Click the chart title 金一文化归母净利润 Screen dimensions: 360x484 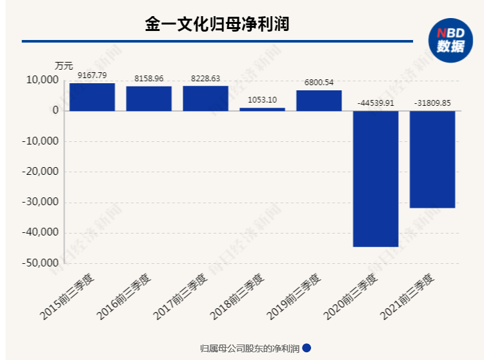(x=216, y=25)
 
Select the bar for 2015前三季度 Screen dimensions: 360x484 (x=92, y=97)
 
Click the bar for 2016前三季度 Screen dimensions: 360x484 (x=149, y=99)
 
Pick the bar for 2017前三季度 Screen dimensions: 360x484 (x=205, y=98)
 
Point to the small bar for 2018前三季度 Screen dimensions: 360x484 (x=262, y=109)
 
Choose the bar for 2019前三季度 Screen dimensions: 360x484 (x=319, y=101)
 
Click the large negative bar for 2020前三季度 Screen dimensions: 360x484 (x=376, y=179)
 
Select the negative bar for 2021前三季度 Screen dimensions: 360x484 (x=432, y=159)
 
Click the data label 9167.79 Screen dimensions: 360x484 (x=92, y=75)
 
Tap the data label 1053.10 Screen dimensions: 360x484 (x=262, y=100)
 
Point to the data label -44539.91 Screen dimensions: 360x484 (x=376, y=103)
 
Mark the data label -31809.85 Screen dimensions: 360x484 (x=432, y=103)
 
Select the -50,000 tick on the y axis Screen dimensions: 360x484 (x=40, y=263)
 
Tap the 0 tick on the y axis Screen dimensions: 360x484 (x=55, y=111)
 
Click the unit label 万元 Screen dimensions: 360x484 (x=64, y=66)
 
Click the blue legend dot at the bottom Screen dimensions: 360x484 (x=307, y=348)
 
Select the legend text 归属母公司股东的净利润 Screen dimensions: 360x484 (x=250, y=348)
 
